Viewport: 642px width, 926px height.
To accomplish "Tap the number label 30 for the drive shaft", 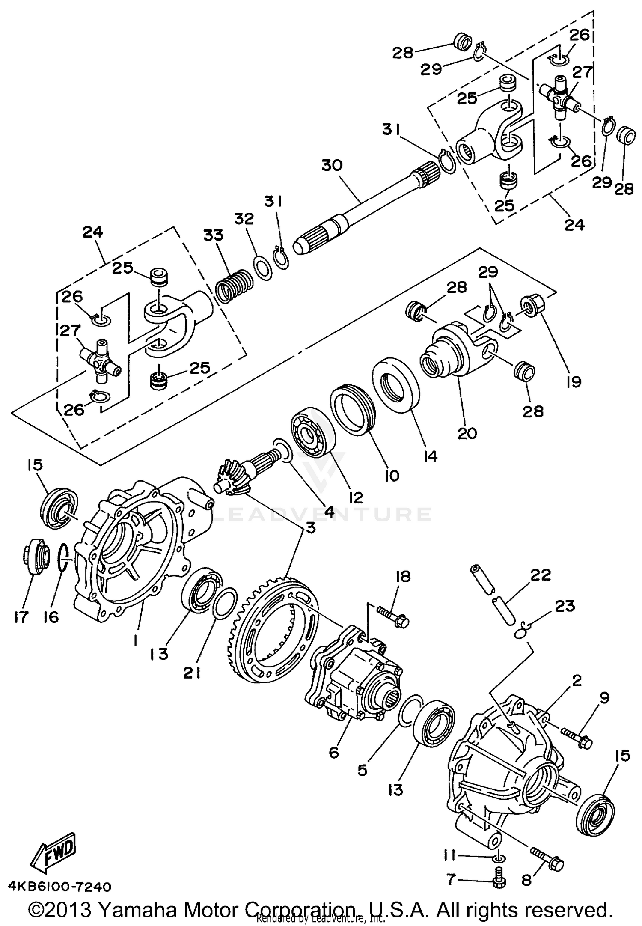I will [332, 165].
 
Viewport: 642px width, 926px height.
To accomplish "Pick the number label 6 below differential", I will [334, 753].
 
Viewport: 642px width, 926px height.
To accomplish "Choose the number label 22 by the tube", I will [540, 575].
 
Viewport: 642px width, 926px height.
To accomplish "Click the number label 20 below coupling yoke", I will [467, 433].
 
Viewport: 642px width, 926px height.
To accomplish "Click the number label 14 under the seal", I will [431, 456].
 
